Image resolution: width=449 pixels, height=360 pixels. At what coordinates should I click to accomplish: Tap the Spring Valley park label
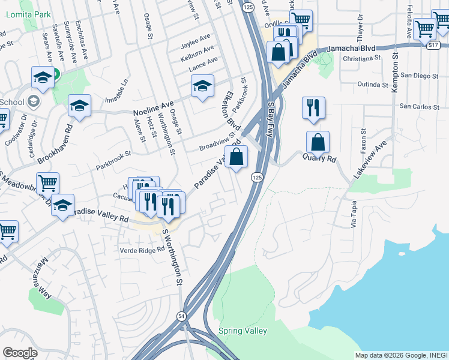click(x=243, y=331)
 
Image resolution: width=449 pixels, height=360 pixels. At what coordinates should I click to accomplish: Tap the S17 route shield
click(x=434, y=45)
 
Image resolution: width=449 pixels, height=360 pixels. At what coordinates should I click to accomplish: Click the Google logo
click(x=20, y=353)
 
